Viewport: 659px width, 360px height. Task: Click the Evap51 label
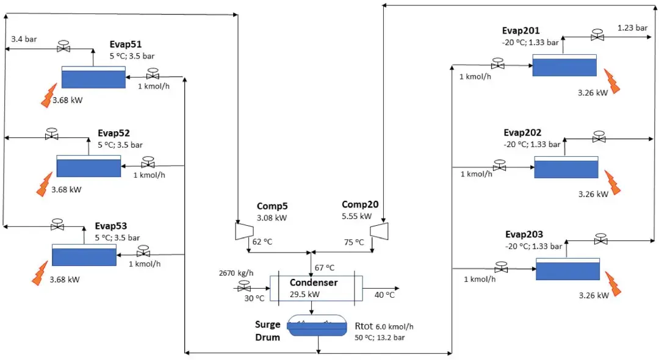point(125,45)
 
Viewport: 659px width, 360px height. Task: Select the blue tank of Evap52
point(88,166)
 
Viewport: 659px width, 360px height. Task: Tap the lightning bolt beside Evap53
point(40,273)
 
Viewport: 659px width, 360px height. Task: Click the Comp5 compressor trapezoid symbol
point(244,231)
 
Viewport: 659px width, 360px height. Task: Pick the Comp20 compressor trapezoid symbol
point(379,231)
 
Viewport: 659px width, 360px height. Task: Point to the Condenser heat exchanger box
point(316,288)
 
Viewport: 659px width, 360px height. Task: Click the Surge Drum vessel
point(317,326)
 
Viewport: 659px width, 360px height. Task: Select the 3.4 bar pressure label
point(24,39)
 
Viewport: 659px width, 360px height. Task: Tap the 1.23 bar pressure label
point(632,27)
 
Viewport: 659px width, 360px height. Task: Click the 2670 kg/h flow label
point(236,273)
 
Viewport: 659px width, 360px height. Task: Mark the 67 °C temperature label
point(325,268)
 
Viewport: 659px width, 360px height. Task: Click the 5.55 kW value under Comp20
point(356,217)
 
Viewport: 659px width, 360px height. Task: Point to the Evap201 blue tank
point(564,65)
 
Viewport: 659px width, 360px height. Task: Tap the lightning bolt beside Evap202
point(613,182)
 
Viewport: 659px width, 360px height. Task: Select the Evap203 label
point(524,234)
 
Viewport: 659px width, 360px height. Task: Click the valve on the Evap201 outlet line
point(597,35)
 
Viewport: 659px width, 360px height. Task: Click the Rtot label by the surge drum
point(364,326)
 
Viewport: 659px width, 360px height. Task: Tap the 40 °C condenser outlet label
point(384,295)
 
